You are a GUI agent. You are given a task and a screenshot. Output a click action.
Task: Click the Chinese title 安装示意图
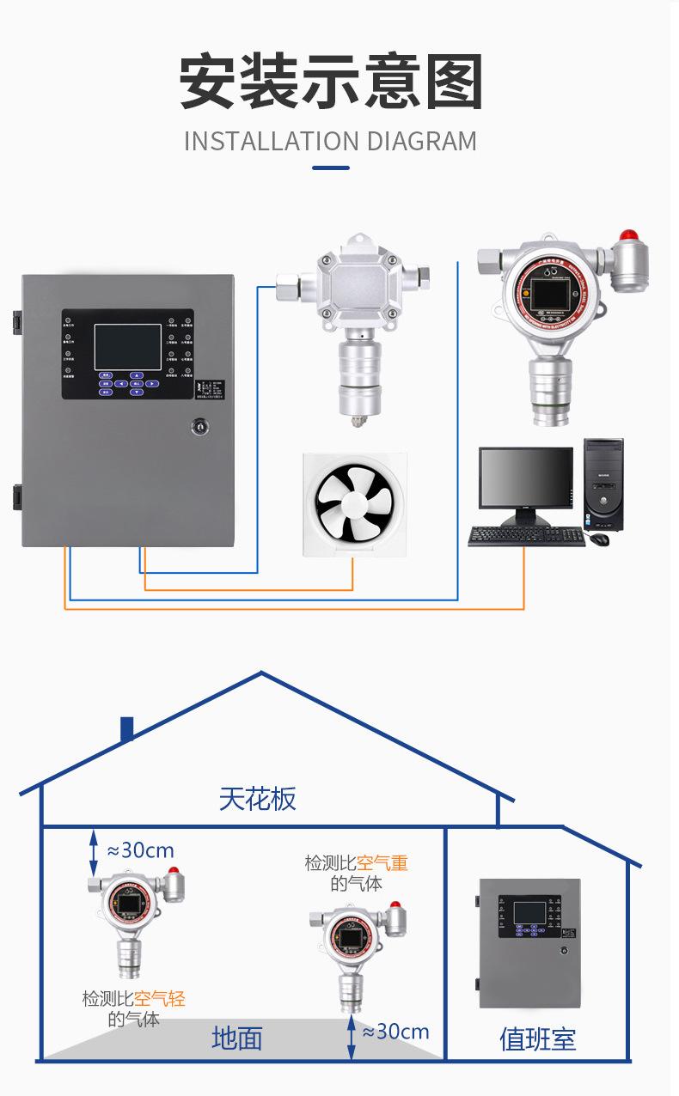point(331,82)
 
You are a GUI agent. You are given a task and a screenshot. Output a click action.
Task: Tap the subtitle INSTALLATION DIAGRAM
point(331,141)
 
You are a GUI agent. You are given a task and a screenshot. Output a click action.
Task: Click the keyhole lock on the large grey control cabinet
point(199,425)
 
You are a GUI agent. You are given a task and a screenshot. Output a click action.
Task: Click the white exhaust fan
point(353,503)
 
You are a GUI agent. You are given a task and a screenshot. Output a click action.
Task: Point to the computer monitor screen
point(525,478)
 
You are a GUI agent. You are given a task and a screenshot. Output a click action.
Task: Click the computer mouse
point(599,539)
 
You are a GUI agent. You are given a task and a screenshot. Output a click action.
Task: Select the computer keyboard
point(526,536)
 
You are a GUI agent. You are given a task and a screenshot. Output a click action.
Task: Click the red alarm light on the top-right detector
point(630,235)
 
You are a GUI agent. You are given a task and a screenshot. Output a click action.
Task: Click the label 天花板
point(257,799)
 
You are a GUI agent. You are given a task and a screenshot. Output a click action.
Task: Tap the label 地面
point(236,1038)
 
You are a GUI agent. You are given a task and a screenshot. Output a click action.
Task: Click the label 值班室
point(537,1039)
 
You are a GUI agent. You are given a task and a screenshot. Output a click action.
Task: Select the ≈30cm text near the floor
point(395,1032)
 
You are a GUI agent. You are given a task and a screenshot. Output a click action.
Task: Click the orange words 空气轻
point(160,999)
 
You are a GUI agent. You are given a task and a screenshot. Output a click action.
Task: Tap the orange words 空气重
point(382,862)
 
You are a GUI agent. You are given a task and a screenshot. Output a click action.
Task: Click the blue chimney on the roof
point(127,729)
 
